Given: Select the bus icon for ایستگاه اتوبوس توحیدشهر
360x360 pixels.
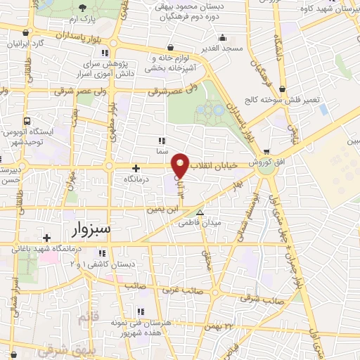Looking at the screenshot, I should [x=27, y=121].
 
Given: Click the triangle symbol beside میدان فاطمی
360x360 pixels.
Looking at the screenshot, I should [x=200, y=212].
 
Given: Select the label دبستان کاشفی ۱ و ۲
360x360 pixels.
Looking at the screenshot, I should [x=103, y=264].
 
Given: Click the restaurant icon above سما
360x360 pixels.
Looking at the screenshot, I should [x=162, y=140].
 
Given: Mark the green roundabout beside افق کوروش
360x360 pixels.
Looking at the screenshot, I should [x=266, y=166].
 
